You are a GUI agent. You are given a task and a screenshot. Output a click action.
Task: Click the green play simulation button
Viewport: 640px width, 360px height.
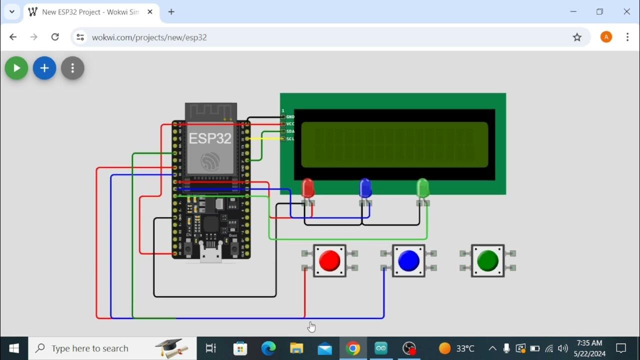click(16, 68)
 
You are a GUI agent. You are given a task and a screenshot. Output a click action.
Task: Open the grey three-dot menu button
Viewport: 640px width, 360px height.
click(72, 68)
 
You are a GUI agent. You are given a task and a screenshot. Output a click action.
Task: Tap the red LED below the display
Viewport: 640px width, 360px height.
click(308, 188)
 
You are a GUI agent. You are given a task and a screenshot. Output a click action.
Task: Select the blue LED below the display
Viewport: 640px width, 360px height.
click(365, 188)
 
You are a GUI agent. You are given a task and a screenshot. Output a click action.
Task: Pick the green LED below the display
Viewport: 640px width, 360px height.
click(422, 188)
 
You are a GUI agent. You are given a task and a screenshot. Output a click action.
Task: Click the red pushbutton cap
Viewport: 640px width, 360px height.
click(329, 260)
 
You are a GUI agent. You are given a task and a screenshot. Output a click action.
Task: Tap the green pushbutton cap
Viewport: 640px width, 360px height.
click(487, 260)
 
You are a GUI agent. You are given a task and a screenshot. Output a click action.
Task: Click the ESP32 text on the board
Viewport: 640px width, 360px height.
click(210, 138)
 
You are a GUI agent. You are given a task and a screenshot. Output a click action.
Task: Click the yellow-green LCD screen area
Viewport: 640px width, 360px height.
click(394, 144)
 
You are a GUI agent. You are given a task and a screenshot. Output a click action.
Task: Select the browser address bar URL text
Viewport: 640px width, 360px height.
click(149, 37)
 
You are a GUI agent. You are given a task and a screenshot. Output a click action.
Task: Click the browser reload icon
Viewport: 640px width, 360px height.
click(55, 37)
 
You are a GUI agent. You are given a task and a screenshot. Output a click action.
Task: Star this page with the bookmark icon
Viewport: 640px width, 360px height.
click(577, 37)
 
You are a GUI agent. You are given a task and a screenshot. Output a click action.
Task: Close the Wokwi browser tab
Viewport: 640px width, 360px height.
click(150, 12)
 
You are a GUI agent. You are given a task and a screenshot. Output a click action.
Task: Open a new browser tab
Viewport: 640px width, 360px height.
click(171, 12)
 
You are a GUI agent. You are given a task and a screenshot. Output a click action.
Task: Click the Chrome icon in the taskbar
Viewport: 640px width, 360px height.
click(353, 348)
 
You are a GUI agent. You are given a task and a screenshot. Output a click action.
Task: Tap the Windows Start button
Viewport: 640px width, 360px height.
click(14, 348)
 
